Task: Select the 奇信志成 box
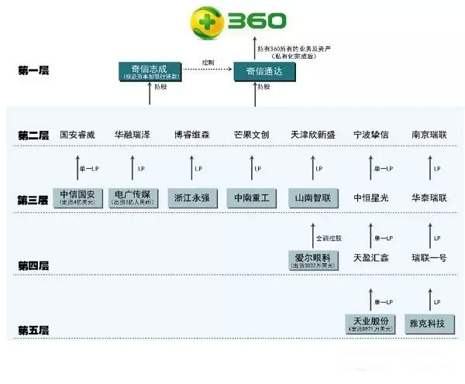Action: pos(150,72)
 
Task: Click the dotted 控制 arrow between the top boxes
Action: pos(207,70)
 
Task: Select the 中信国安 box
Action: pos(80,197)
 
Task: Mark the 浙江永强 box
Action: pos(191,197)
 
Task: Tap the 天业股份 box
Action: pos(370,324)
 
